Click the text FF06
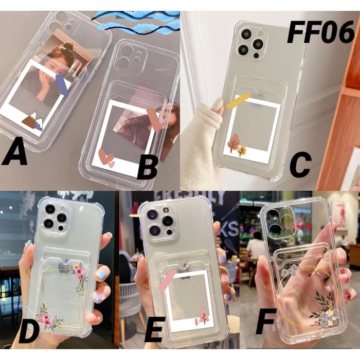[x=320, y=32]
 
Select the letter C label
[x=300, y=164]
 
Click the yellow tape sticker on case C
[x=238, y=101]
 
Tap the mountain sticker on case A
[x=32, y=122]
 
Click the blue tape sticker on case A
[x=61, y=85]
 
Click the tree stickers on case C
[x=237, y=144]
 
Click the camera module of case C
[x=251, y=43]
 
